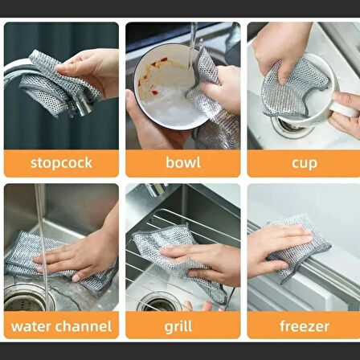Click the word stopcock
click(x=61, y=163)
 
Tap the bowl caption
click(x=184, y=163)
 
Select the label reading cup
click(x=304, y=163)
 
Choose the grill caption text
click(x=184, y=327)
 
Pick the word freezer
click(x=304, y=327)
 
